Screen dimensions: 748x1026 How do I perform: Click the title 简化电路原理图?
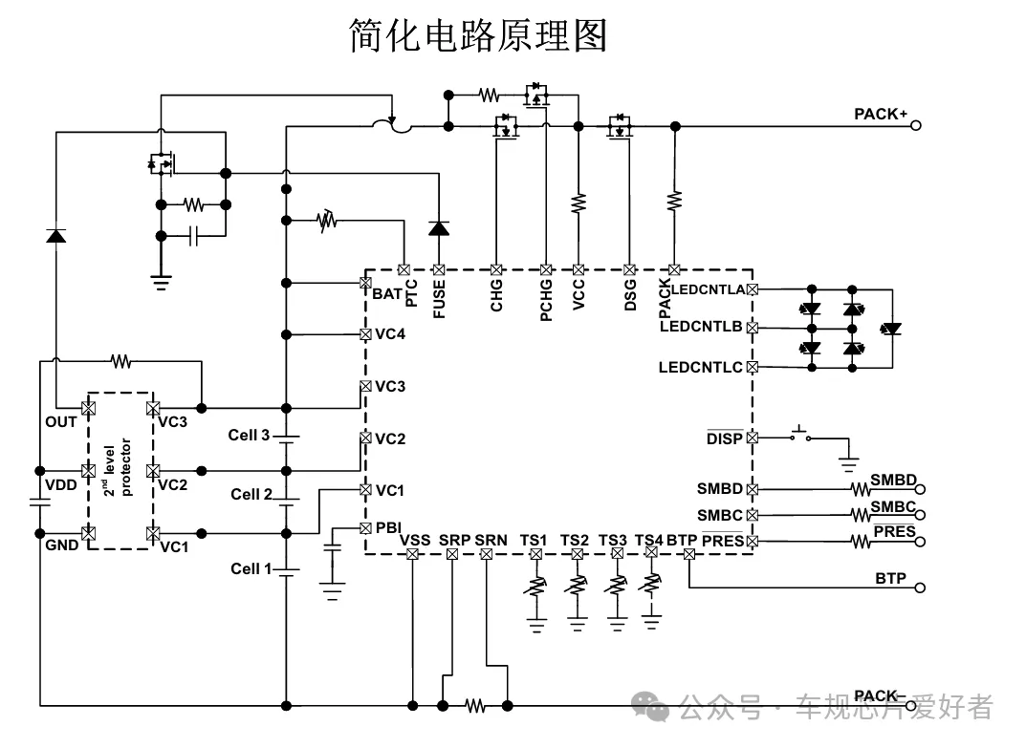[x=477, y=36]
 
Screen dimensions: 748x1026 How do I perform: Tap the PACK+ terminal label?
[x=880, y=114]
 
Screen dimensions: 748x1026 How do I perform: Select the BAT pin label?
[x=386, y=293]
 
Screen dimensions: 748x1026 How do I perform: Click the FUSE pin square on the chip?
[x=439, y=270]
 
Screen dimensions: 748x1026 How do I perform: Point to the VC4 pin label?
[x=389, y=334]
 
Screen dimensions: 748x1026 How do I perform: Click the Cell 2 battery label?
[x=251, y=494]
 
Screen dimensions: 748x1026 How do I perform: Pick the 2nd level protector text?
[x=119, y=469]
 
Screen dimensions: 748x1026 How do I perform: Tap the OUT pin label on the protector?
[x=60, y=421]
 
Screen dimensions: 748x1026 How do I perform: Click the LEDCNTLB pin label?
[x=700, y=327]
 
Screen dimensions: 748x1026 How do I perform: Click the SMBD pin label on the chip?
[x=719, y=488]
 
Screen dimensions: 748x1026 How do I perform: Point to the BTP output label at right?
[x=890, y=578]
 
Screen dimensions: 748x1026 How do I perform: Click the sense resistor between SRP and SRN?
[x=475, y=705]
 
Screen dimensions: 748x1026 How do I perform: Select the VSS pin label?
[x=414, y=540]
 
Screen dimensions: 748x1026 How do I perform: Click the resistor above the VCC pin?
[x=578, y=203]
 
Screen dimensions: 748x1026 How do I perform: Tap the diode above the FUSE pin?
[x=439, y=228]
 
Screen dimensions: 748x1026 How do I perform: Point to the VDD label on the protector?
[x=60, y=485]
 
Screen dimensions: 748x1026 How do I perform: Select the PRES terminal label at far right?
[x=894, y=531]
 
